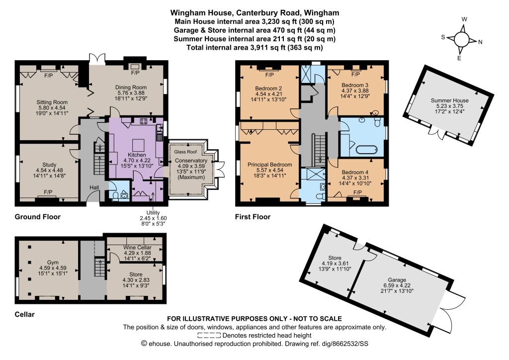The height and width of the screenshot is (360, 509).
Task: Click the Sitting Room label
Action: point(52,102)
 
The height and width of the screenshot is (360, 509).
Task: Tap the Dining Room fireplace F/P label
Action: point(135,73)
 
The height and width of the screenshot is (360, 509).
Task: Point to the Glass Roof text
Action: point(185,152)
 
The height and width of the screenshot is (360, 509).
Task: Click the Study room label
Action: point(49,165)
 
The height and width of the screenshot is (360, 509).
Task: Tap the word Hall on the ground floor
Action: point(94,187)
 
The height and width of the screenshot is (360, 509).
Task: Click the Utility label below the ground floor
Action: point(153,213)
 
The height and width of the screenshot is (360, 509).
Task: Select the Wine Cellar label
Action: point(138,247)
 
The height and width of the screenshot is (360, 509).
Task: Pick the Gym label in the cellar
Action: point(53,262)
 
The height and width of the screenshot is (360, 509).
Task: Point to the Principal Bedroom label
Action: point(270,165)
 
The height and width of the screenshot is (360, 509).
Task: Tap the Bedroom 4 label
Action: point(355,172)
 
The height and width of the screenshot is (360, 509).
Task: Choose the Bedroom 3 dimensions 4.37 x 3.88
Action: point(355,90)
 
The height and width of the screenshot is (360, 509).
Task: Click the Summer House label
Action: point(449,100)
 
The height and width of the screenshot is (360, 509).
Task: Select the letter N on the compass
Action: point(481,42)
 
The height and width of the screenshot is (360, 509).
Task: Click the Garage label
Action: point(397,280)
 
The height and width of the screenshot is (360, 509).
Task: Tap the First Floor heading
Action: point(253,217)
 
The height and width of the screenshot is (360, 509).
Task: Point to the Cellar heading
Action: point(25,314)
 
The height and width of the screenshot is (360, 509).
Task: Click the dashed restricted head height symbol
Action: point(209,335)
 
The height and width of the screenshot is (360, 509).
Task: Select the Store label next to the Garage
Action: point(335,258)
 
